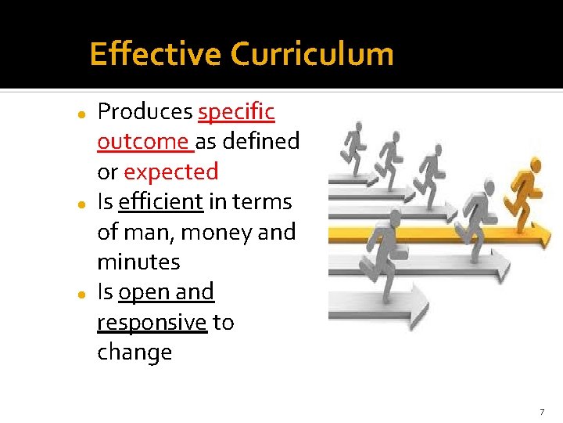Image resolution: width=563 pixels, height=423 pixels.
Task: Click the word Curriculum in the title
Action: point(312,55)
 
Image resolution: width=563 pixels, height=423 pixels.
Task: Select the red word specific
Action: point(236,112)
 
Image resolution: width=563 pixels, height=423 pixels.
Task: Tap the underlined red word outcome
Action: point(143,142)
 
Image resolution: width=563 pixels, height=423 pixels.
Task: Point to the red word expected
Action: point(171,172)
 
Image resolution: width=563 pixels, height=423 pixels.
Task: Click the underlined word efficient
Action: point(161,202)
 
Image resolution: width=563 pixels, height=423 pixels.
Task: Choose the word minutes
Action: point(138,262)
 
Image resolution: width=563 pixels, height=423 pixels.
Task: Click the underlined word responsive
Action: point(152,323)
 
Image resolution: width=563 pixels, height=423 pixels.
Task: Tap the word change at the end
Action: point(134,352)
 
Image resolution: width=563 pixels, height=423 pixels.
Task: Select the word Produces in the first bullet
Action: point(145,112)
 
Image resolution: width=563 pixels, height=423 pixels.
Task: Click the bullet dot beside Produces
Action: point(81,114)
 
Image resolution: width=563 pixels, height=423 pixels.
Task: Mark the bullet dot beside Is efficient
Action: point(81,204)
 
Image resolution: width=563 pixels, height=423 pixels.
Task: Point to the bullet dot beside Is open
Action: point(81,294)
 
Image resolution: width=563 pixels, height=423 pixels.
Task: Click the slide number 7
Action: point(542,411)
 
